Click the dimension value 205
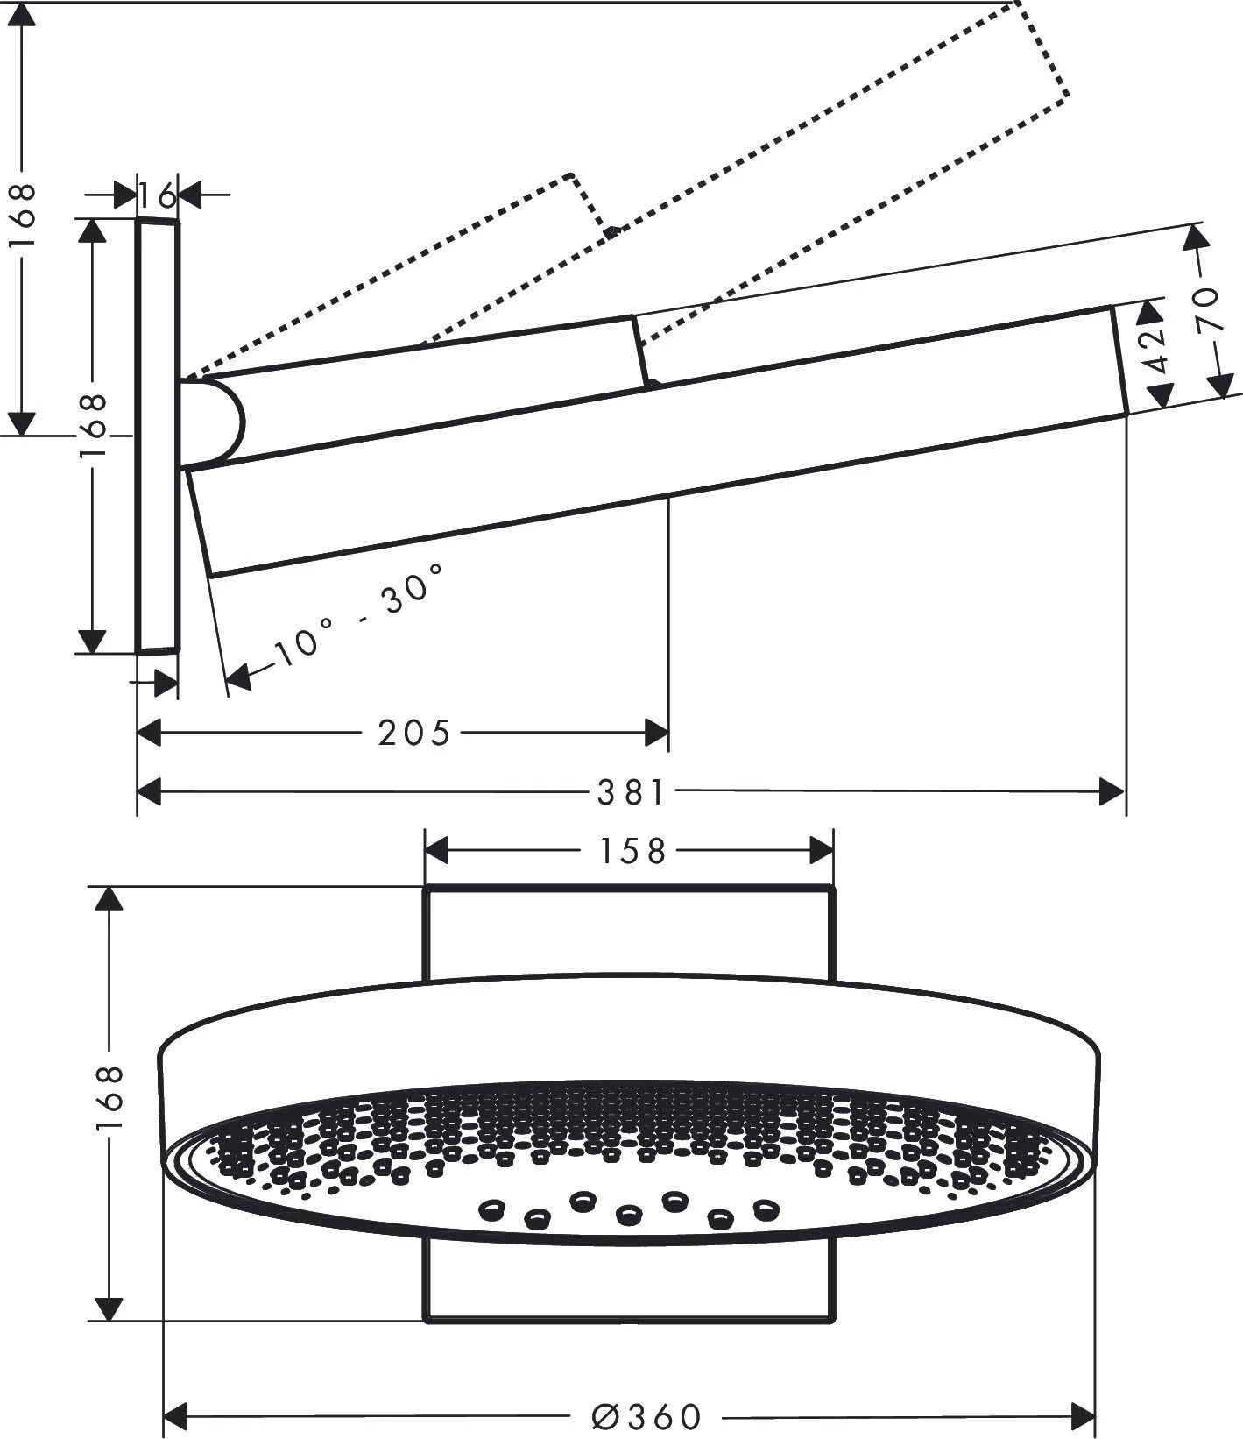[x=413, y=733]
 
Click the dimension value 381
[x=632, y=793]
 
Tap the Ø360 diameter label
[x=647, y=1416]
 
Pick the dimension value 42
[x=1158, y=350]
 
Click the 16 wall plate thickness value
[x=159, y=195]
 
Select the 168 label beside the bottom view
[x=109, y=1101]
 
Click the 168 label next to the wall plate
[x=92, y=428]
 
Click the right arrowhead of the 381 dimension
[x=1112, y=793]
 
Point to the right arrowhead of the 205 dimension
[x=656, y=733]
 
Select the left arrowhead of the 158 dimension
[x=436, y=851]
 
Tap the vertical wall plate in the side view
[x=158, y=438]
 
